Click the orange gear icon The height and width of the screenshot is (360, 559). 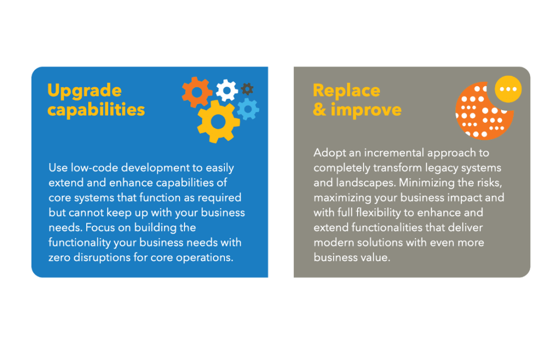coord(197,92)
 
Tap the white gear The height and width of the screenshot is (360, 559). coord(227,90)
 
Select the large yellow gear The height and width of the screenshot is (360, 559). coord(218,121)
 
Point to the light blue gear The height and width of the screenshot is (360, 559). coord(248,109)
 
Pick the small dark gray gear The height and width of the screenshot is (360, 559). coord(247,89)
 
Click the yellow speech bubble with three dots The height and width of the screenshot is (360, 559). coord(508,89)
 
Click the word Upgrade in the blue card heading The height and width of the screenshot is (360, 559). coord(84,91)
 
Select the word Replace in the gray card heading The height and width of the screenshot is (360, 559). coord(346,91)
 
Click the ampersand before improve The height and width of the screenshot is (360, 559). coord(319,110)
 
